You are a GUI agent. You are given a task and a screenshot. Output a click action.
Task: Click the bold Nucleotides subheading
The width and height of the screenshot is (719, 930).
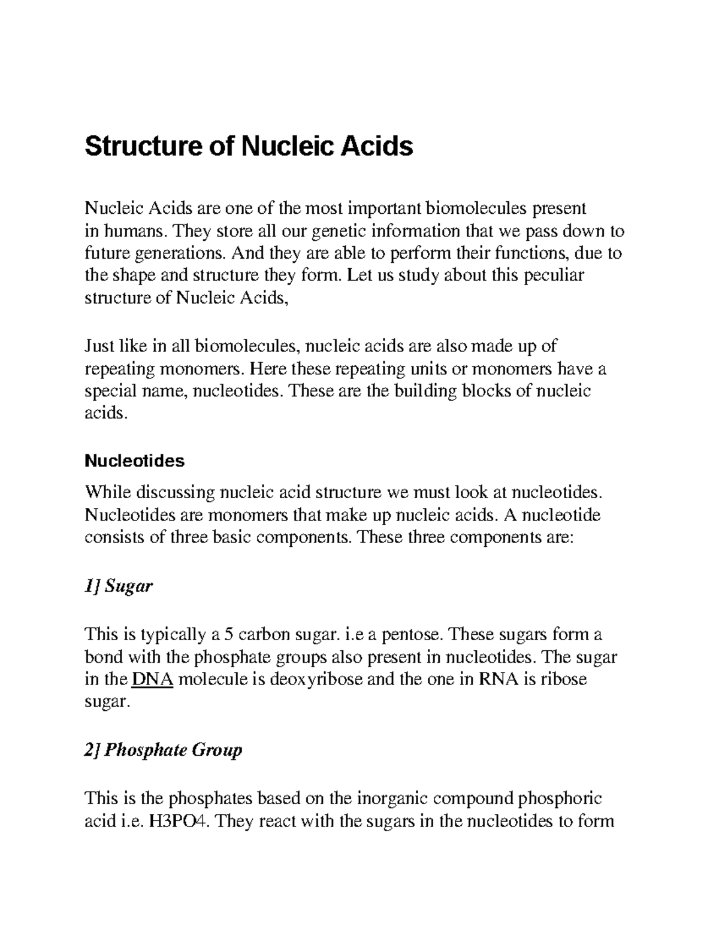click(x=135, y=461)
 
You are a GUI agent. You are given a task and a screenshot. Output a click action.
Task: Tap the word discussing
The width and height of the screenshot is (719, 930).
click(x=178, y=492)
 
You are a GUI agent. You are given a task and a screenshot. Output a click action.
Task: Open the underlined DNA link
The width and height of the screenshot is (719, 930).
click(x=152, y=679)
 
